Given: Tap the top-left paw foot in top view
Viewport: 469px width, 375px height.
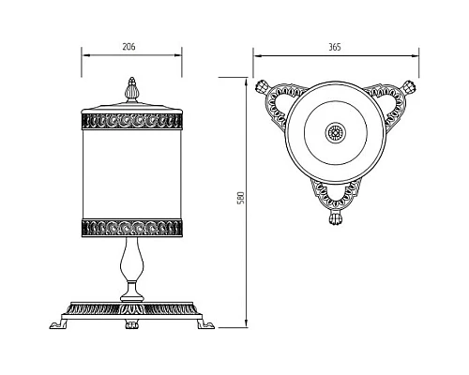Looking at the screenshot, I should click(x=265, y=86).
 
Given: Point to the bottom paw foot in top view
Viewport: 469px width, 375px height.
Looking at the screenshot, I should click(x=335, y=221).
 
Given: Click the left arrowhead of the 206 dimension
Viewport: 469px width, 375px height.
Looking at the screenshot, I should click(x=85, y=53).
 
